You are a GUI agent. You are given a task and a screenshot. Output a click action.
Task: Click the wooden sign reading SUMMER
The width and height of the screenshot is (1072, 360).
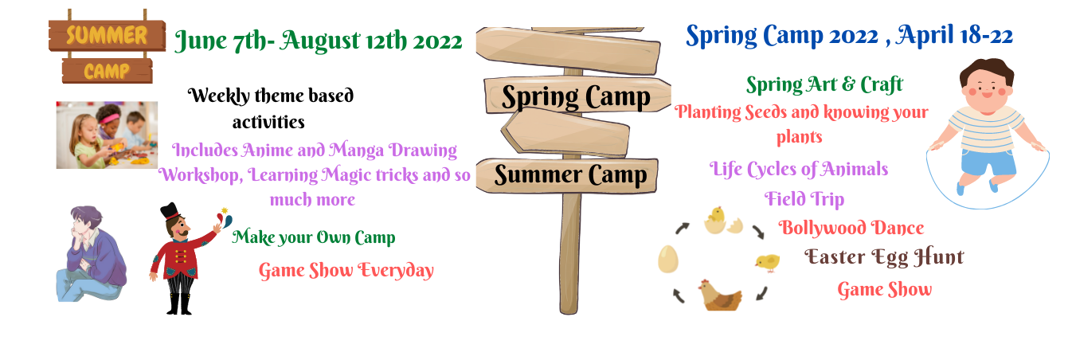click(x=108, y=35)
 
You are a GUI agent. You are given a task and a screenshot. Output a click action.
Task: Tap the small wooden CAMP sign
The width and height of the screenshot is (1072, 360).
click(x=108, y=72)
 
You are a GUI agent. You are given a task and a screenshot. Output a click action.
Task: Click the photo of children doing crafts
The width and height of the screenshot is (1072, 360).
click(x=107, y=135)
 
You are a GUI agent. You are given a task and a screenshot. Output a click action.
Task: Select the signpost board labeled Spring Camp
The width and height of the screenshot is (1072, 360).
click(x=577, y=96)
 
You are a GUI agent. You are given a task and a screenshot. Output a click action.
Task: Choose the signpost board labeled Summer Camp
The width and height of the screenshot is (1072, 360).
click(x=568, y=175)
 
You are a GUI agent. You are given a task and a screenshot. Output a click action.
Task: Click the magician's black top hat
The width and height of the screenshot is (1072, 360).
click(x=170, y=211)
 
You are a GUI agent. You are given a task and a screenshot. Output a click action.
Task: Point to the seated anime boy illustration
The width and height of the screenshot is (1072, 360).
click(x=92, y=254)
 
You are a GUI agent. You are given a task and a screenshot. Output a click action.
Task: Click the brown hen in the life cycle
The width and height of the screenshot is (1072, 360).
click(x=720, y=295)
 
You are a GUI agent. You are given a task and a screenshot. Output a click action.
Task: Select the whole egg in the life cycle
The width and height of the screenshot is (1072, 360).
click(x=668, y=259)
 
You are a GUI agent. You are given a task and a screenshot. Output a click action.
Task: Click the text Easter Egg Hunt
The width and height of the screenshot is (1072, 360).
click(x=884, y=257)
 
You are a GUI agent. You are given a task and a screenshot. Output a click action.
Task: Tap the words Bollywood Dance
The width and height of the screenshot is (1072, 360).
click(x=851, y=228)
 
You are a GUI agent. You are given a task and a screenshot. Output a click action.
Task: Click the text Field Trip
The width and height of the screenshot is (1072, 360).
click(x=804, y=199)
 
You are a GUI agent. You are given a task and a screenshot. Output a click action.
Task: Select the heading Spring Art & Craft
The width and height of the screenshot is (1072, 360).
click(x=824, y=85)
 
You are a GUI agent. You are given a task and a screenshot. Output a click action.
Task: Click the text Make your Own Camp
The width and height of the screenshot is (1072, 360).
click(x=314, y=237)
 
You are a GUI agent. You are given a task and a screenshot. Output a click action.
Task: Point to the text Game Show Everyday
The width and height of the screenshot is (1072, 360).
click(x=346, y=271)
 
